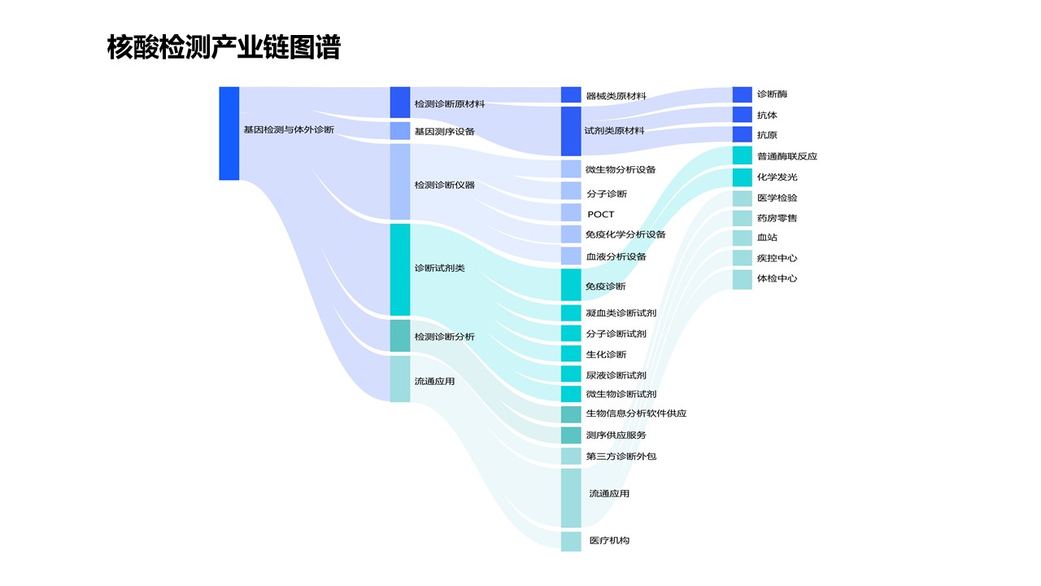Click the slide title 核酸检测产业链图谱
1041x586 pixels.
click(x=224, y=48)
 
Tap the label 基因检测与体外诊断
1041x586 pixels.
click(x=289, y=129)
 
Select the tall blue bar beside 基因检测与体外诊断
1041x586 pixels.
click(x=229, y=133)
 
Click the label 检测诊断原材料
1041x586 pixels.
click(x=450, y=104)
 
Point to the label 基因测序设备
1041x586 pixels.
click(x=444, y=131)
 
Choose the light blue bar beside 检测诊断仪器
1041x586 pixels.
click(x=400, y=181)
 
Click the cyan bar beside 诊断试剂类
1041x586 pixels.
click(x=400, y=269)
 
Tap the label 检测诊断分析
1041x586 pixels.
click(x=444, y=336)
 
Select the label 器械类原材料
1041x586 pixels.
click(x=616, y=96)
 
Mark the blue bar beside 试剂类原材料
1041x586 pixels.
click(x=571, y=131)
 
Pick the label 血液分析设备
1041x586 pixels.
click(x=616, y=256)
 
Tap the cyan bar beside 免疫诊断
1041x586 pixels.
click(x=571, y=285)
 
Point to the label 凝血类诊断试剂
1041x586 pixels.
click(x=621, y=313)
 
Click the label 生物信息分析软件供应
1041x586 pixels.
click(x=636, y=413)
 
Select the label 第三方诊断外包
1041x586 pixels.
click(x=621, y=456)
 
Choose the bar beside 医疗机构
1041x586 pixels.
click(x=571, y=541)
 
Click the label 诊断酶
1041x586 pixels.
click(x=772, y=94)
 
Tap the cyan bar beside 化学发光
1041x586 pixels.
click(x=743, y=177)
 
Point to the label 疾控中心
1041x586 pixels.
click(x=777, y=258)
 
